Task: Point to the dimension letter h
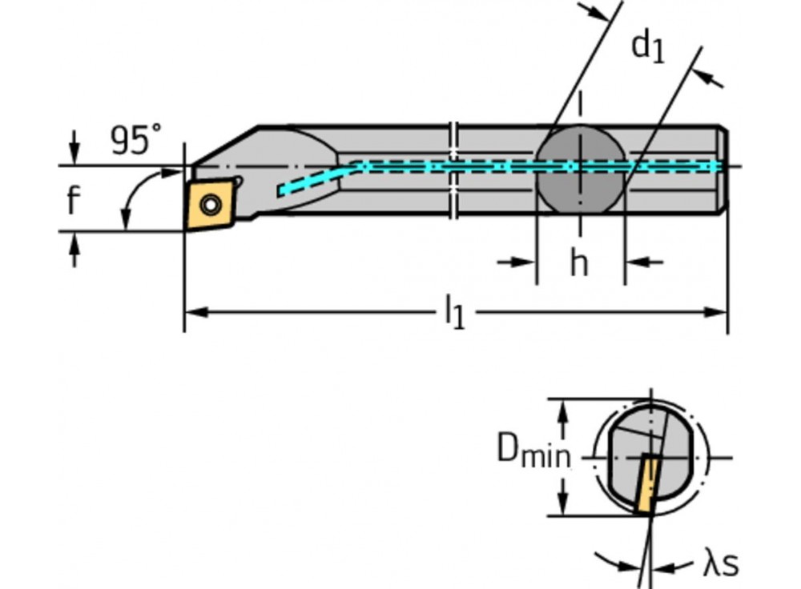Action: (x=578, y=262)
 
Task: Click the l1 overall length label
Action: (x=454, y=312)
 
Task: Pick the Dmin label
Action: (x=533, y=452)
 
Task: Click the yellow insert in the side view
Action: (x=210, y=206)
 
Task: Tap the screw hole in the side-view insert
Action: (x=210, y=206)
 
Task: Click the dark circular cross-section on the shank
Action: (x=579, y=169)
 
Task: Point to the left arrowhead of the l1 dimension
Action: (x=194, y=312)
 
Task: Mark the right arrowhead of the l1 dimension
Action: (x=718, y=312)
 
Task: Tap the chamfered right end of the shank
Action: (x=723, y=169)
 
